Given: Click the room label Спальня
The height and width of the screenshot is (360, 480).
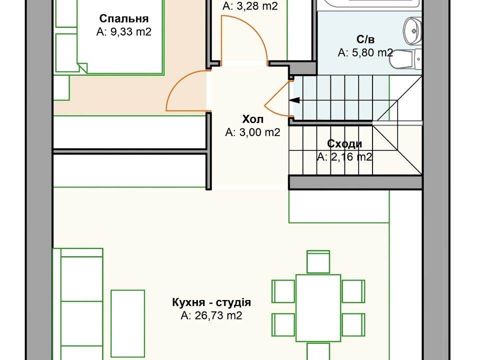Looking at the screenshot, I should coord(123,19).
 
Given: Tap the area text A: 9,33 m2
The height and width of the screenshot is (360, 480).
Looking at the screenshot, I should coord(123,32).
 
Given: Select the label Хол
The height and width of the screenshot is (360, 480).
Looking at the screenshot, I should coord(252,119).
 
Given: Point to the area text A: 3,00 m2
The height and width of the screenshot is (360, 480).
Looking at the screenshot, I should coord(252,132).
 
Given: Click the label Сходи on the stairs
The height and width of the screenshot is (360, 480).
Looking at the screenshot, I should coord(344,144).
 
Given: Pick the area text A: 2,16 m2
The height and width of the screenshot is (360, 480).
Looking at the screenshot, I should coord(344,157).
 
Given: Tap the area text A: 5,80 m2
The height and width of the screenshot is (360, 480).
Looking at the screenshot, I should coord(365,52).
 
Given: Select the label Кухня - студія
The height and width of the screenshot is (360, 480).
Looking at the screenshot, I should coord(211,302).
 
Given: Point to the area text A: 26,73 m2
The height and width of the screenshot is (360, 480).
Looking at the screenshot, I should coord(211,315).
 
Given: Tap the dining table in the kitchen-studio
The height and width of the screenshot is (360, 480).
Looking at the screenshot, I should coord(318,307).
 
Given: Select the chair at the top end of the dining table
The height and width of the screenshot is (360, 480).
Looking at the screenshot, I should coord(318,262).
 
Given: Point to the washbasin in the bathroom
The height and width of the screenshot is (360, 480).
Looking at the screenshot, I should coord(413,29).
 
